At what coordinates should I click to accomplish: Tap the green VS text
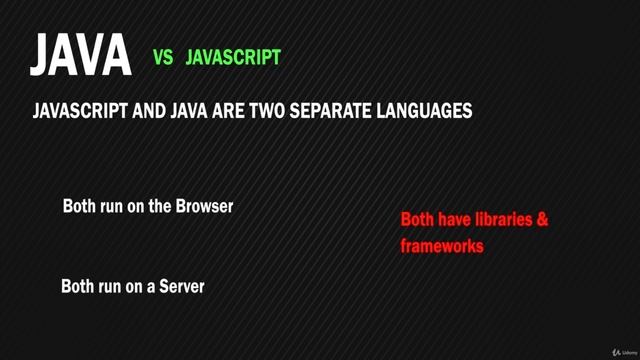point(165,59)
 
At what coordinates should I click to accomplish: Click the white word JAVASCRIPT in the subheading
point(88,113)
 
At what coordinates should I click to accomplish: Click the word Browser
point(204,207)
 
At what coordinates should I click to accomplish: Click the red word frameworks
point(442,245)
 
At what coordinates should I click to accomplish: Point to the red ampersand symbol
point(542,219)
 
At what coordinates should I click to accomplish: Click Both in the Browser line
point(80,207)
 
